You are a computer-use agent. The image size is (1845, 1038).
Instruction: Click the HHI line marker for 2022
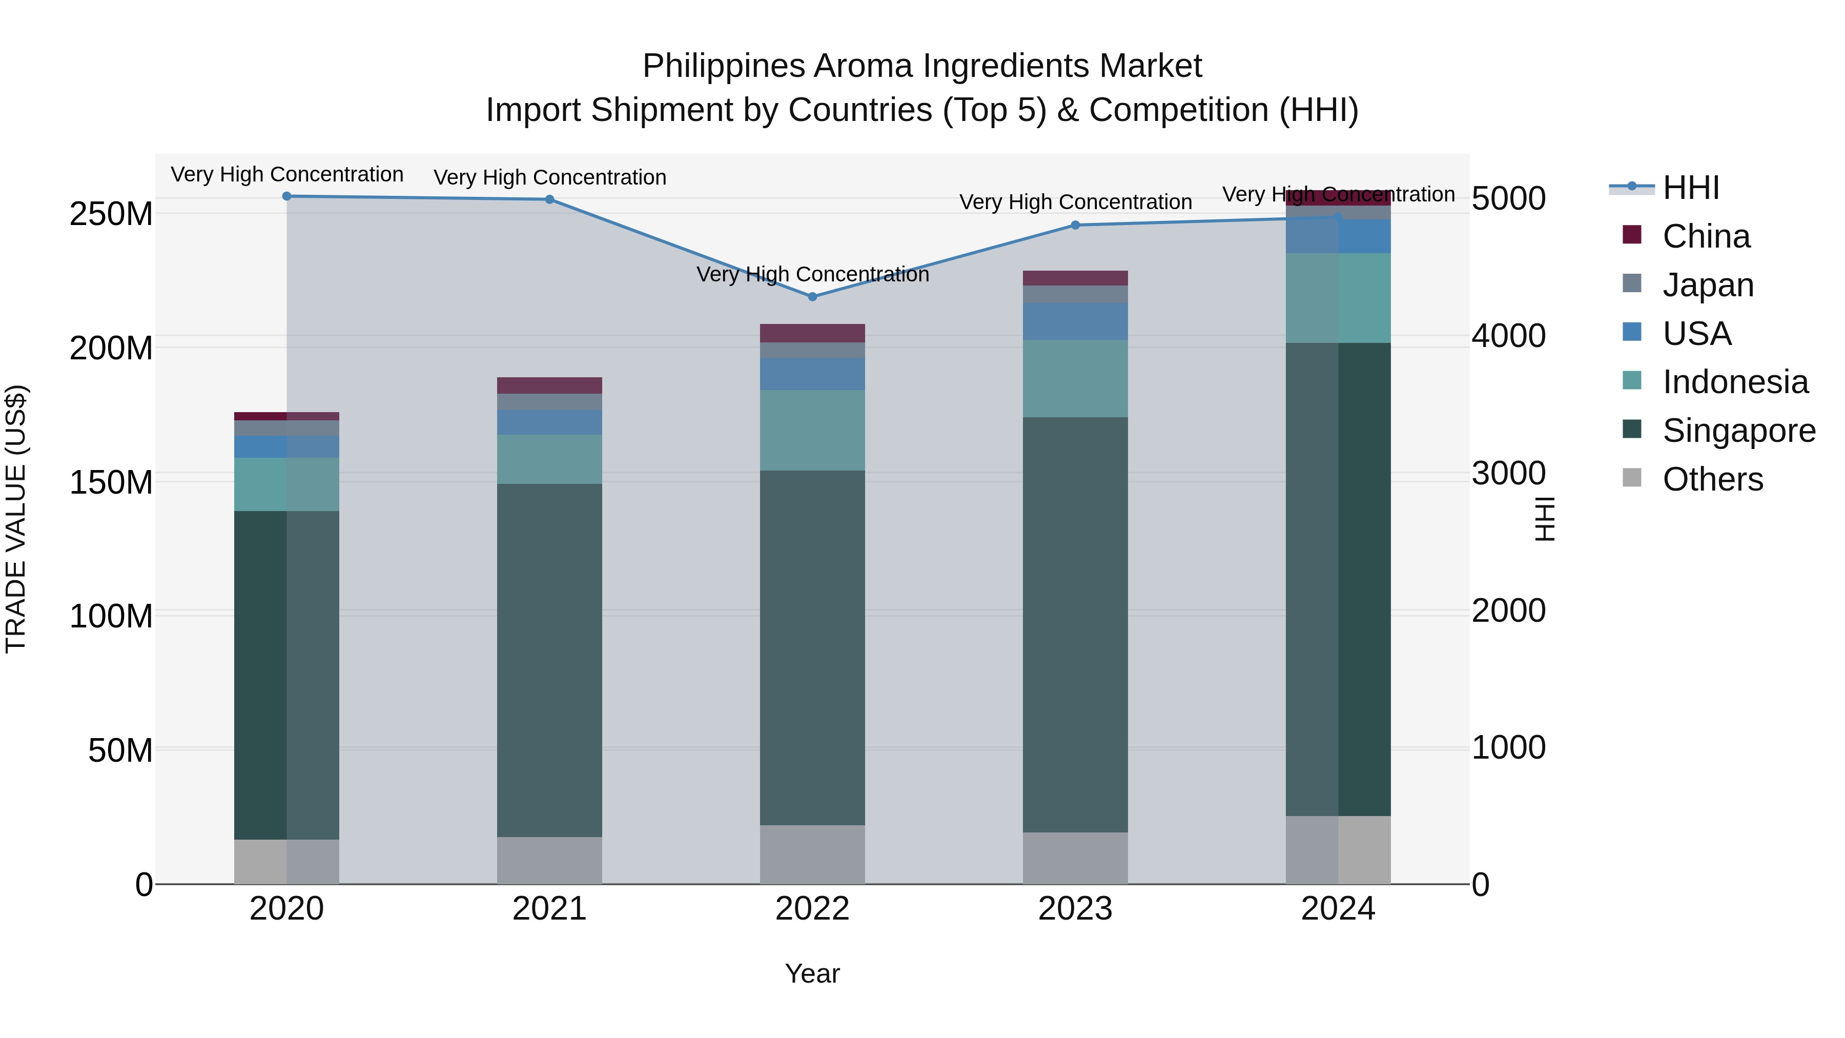pos(812,297)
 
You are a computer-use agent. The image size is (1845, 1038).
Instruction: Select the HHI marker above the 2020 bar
pos(286,196)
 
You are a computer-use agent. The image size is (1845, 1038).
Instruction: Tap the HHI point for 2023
pos(1075,225)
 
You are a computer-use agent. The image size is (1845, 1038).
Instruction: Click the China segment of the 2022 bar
pos(812,333)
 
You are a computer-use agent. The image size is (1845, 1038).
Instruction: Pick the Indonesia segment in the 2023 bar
pos(1075,378)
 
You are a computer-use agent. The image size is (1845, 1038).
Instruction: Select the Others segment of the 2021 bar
pos(549,860)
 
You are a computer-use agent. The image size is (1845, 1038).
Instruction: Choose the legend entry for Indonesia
pos(1735,382)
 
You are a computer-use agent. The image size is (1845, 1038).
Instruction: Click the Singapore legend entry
pos(1738,431)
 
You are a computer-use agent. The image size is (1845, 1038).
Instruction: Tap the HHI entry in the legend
pos(1690,188)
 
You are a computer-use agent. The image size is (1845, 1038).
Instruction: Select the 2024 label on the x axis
pos(1338,909)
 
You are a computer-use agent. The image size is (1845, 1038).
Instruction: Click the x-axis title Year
pos(812,973)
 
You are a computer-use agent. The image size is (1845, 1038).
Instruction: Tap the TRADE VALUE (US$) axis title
pos(16,519)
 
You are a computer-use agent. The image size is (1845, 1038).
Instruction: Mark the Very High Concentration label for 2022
pos(812,274)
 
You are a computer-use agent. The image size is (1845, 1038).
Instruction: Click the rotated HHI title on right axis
pos(1545,519)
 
